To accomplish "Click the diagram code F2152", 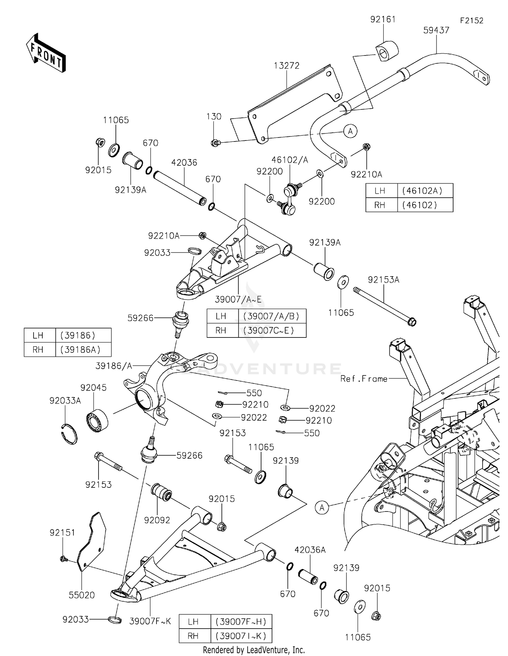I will (471, 21).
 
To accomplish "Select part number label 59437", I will (436, 30).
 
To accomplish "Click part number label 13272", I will (287, 66).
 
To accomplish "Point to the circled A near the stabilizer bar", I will (350, 131).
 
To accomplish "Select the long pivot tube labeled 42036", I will (180, 189).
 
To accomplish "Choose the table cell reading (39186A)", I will (80, 350).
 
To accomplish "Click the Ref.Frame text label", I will (364, 379).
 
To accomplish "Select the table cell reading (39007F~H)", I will (241, 621).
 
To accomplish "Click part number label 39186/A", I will (114, 366).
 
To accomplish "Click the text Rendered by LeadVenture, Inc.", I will (254, 650).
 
